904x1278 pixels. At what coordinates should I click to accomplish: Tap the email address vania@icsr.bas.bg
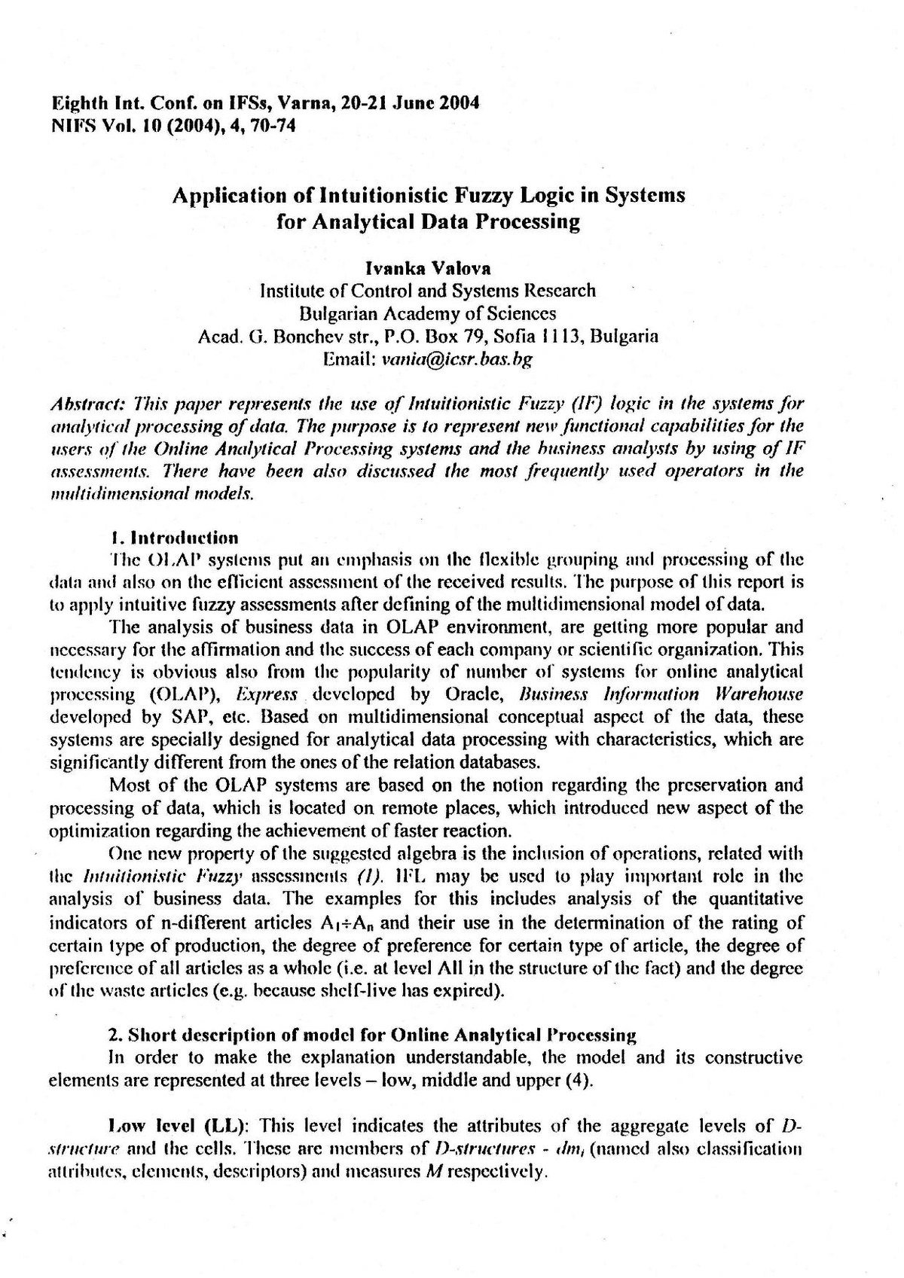[457, 359]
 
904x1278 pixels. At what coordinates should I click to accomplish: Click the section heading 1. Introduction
[174, 538]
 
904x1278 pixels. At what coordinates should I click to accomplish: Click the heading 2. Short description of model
[373, 1035]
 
